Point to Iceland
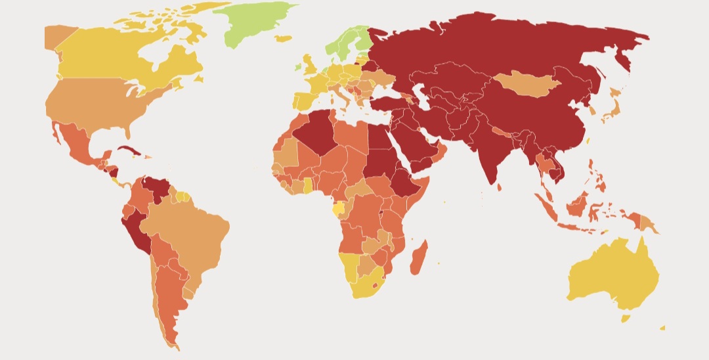pyautogui.click(x=283, y=39)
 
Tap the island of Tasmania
pyautogui.click(x=626, y=319)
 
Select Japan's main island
pyautogui.click(x=611, y=112)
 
